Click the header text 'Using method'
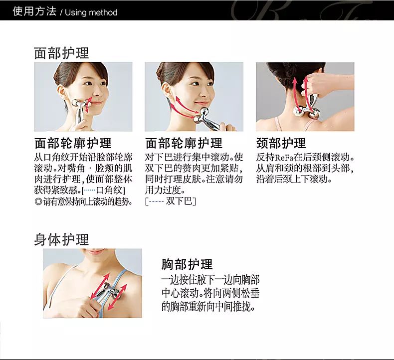coord(91,12)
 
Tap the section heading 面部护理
coord(61,53)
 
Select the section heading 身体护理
coord(61,239)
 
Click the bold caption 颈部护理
coord(281,143)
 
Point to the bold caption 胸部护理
coord(187,264)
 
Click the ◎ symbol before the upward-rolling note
coord(38,201)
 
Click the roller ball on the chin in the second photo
coord(204,113)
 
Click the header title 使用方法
coord(35,11)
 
